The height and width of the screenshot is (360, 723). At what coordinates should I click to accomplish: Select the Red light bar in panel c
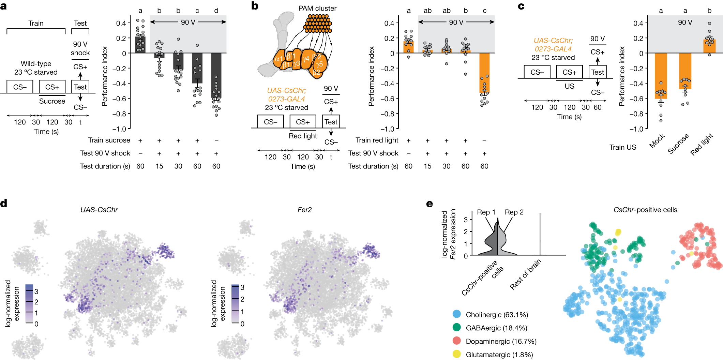[709, 46]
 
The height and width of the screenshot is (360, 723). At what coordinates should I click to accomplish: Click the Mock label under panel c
[657, 141]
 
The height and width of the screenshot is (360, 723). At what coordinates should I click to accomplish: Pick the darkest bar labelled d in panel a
[216, 75]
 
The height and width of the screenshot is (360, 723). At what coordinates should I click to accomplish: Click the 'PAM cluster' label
[317, 9]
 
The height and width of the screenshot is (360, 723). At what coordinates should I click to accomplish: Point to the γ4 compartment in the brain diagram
[306, 59]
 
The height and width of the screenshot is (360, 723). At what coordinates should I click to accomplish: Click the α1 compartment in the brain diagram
[278, 59]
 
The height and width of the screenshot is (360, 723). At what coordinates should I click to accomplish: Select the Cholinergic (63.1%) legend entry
[497, 315]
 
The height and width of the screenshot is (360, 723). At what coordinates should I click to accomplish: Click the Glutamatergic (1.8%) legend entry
[499, 355]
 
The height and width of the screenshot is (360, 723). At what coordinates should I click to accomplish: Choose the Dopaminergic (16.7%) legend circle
[457, 341]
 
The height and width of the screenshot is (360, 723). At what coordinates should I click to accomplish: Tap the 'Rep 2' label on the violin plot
[514, 212]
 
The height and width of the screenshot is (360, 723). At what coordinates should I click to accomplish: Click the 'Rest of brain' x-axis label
[525, 274]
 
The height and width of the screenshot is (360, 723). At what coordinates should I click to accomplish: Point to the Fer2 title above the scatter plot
[304, 210]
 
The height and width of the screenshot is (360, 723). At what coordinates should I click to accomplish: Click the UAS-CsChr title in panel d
[99, 210]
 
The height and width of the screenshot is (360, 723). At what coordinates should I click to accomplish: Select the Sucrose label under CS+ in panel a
[52, 101]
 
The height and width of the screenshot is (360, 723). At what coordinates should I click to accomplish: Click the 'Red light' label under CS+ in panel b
[303, 136]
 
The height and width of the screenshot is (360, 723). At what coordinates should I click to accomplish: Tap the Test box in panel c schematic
[597, 72]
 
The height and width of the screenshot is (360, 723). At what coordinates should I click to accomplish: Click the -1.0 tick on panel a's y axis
[119, 129]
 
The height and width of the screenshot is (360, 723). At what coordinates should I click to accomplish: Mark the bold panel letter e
[430, 204]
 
